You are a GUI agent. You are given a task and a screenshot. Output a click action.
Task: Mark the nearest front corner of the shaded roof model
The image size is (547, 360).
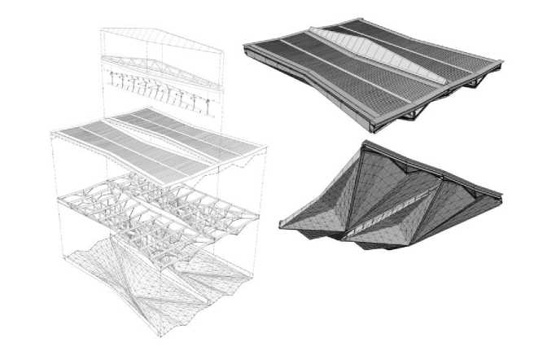[374, 130]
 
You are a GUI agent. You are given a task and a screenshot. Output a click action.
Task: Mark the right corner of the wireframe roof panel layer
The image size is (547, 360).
[266, 148]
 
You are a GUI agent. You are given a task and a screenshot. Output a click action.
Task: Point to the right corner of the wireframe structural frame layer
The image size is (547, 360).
[260, 216]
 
